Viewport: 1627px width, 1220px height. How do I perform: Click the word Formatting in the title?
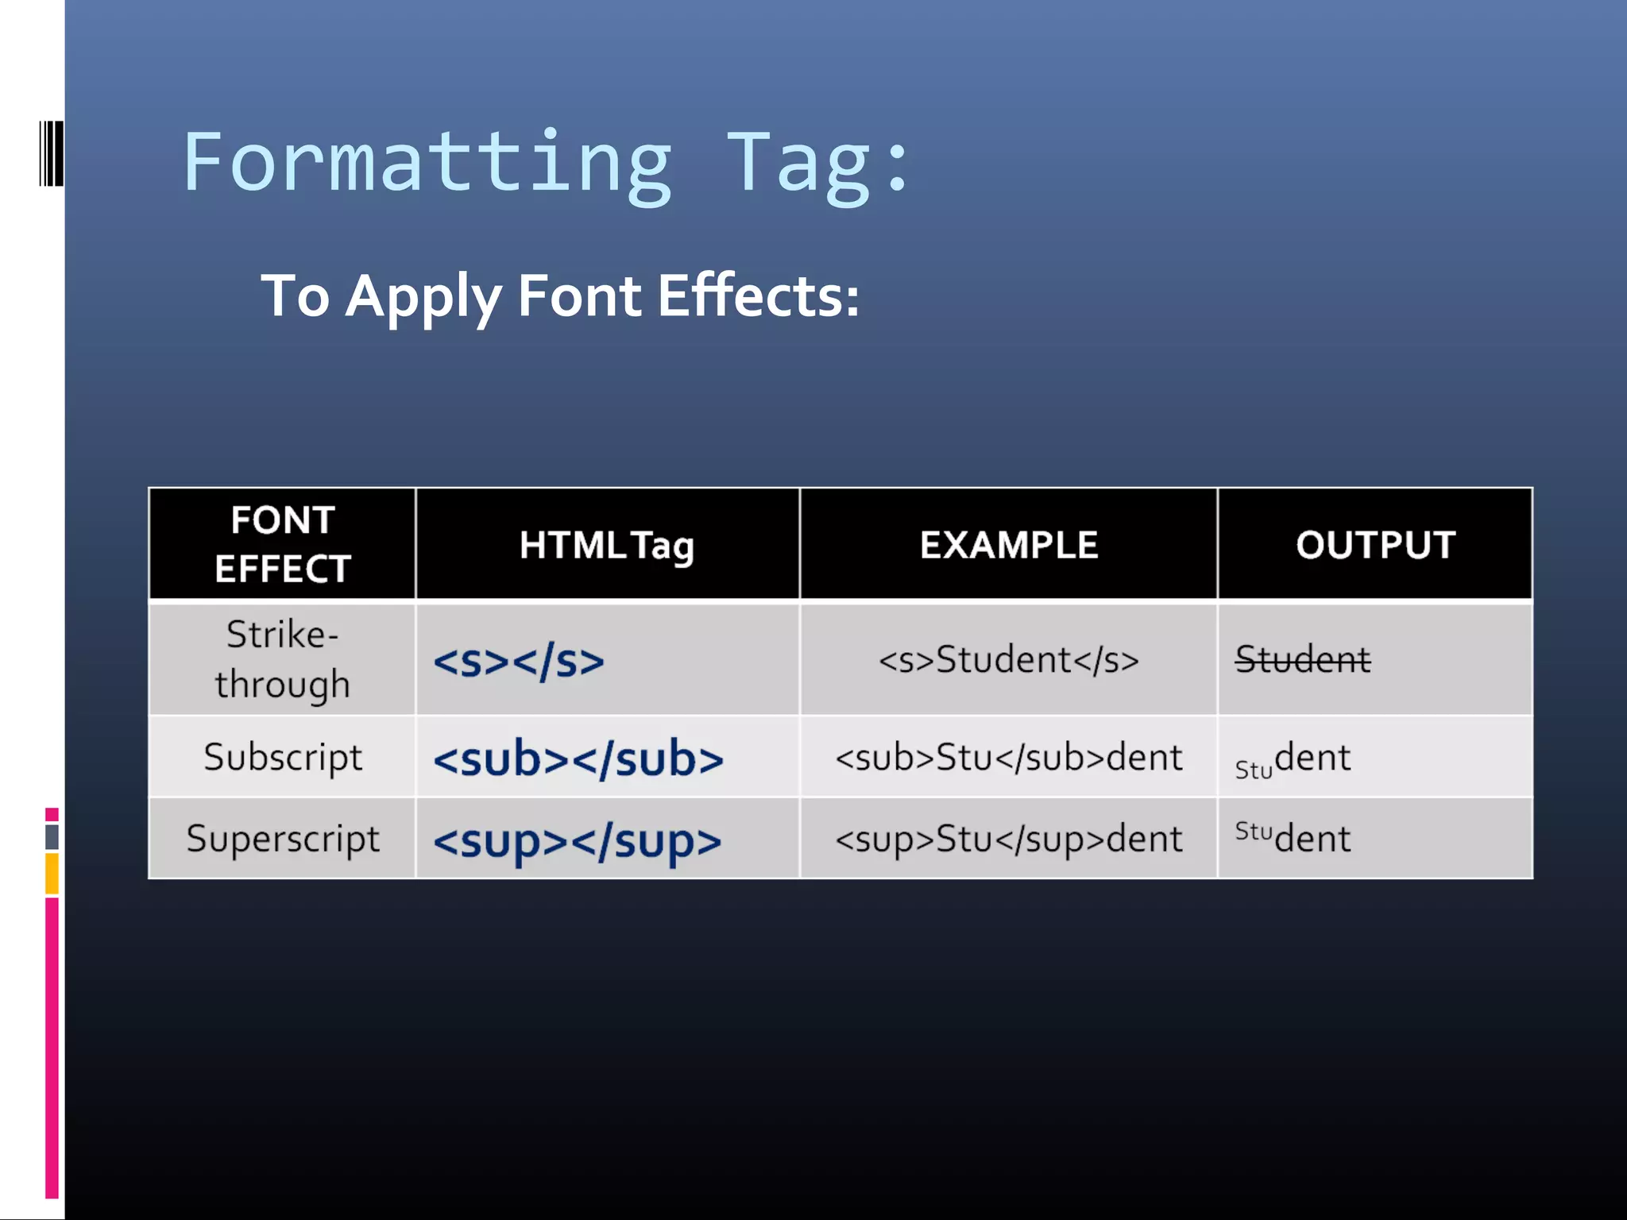pyautogui.click(x=427, y=163)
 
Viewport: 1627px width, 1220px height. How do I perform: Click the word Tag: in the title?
pyautogui.click(x=818, y=163)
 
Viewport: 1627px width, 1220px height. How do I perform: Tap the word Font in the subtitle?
pyautogui.click(x=579, y=295)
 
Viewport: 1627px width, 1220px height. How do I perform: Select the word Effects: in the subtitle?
pyautogui.click(x=759, y=295)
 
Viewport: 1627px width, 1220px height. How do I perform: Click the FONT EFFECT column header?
pyautogui.click(x=282, y=544)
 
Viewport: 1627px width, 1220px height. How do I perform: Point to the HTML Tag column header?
pyautogui.click(x=607, y=546)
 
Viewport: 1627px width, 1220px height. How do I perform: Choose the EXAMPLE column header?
pyautogui.click(x=1008, y=546)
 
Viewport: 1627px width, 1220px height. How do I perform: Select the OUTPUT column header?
pyautogui.click(x=1375, y=546)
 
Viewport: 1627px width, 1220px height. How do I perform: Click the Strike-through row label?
pyautogui.click(x=282, y=659)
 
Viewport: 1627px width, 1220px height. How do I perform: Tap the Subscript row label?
pyautogui.click(x=282, y=757)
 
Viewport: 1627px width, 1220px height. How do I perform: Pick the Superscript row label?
pyautogui.click(x=283, y=839)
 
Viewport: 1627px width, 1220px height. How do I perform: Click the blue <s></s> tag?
pyautogui.click(x=519, y=661)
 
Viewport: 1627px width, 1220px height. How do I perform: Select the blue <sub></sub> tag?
pyautogui.click(x=578, y=759)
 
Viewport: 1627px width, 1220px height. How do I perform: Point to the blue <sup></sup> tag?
pyautogui.click(x=578, y=841)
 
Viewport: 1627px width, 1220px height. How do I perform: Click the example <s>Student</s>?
pyautogui.click(x=1008, y=660)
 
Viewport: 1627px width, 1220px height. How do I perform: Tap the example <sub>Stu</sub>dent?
pyautogui.click(x=1008, y=758)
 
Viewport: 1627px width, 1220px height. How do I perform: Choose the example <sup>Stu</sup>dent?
pyautogui.click(x=1008, y=840)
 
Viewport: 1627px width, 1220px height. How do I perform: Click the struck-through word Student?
pyautogui.click(x=1303, y=660)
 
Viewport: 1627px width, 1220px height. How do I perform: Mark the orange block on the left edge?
pyautogui.click(x=52, y=874)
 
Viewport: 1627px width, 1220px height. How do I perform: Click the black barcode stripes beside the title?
pyautogui.click(x=52, y=153)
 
